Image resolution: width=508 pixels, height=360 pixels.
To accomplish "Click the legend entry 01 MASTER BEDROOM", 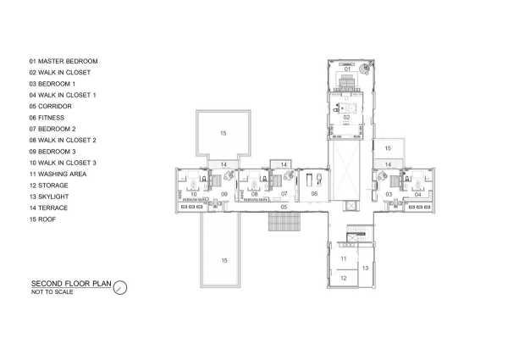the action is pos(63,61).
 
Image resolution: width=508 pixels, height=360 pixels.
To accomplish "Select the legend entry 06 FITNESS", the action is pos(47,118).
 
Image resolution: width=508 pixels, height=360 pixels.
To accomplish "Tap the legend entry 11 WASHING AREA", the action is pos(58,174).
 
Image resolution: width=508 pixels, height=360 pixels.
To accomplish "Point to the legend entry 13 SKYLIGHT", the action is pos(49,197).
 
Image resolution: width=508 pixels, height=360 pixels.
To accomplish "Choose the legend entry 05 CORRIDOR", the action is pos(50,106).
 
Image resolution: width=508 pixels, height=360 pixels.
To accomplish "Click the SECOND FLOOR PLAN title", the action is pos(71,284).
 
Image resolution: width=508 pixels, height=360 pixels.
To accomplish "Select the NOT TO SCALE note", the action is pos(52,292).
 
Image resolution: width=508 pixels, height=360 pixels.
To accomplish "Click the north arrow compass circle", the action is pos(120,287).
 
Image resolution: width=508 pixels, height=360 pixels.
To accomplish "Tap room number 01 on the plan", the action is pos(347,69).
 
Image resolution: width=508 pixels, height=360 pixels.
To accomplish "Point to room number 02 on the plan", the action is pos(346,117).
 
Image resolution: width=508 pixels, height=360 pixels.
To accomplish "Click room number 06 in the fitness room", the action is pos(314,194).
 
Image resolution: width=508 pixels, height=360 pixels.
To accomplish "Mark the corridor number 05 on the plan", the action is pos(284,207).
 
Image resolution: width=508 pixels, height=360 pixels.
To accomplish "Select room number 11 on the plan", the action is pos(344,258).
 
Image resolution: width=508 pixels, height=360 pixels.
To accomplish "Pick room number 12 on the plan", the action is pos(344,278).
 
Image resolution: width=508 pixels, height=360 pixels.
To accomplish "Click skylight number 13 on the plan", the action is pos(365,268).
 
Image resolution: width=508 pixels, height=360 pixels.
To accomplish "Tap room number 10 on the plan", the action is pos(193,194).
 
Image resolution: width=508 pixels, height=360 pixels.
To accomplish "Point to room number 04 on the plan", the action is pos(417,195).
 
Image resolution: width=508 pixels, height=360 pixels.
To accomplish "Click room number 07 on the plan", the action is pos(284,194).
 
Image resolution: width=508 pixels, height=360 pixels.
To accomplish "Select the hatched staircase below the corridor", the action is pos(284,222).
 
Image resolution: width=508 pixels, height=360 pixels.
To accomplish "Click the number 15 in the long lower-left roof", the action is pos(224,261).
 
